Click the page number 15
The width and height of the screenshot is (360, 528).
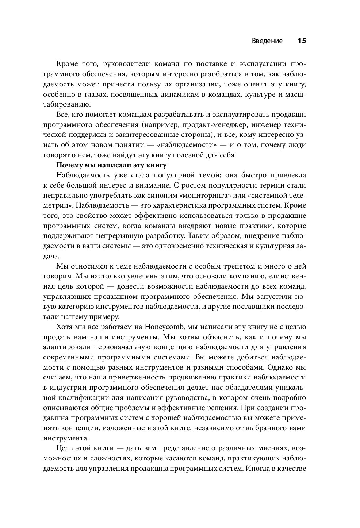[301, 41]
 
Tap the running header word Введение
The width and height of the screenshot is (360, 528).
[267, 41]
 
